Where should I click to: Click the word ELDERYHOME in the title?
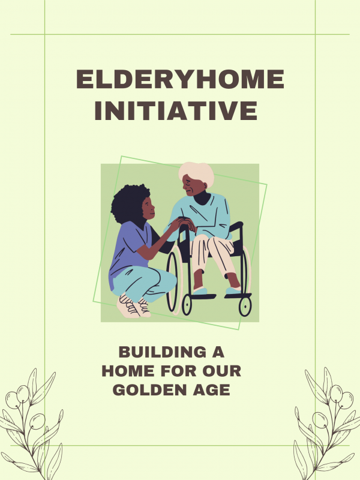point(180,79)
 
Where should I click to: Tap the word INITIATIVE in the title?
point(176,110)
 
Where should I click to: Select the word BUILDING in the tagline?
point(163,352)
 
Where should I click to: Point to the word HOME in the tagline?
point(128,371)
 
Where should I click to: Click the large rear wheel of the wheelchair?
point(173,281)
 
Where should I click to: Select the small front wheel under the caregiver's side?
point(187,305)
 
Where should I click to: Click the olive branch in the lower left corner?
point(31,425)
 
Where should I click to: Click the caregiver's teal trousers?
point(144,283)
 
